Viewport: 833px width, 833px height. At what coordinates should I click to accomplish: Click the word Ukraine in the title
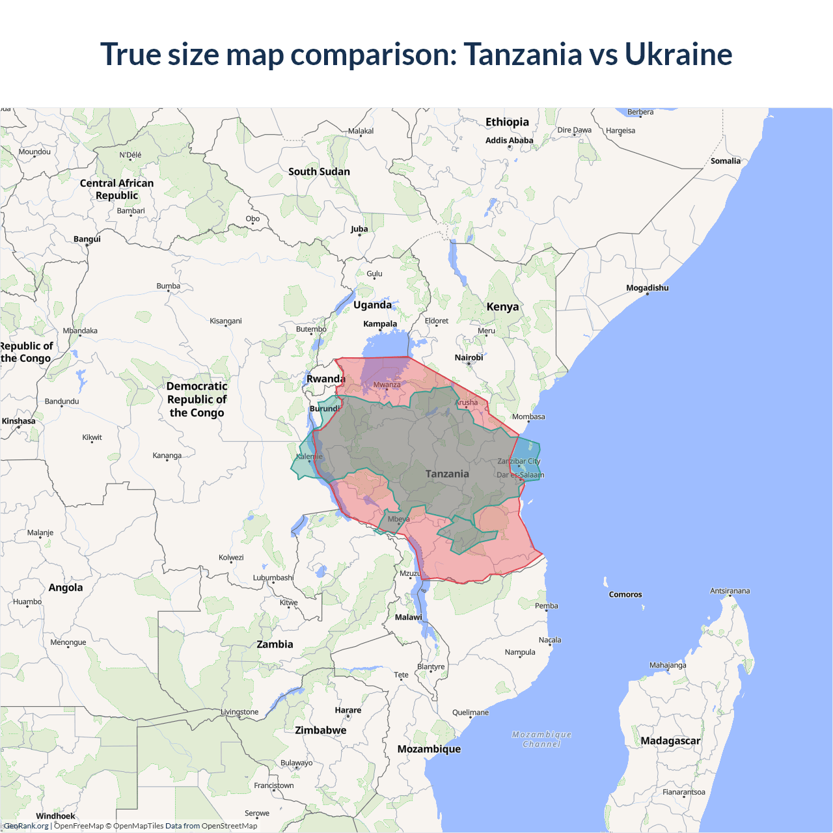[x=678, y=54]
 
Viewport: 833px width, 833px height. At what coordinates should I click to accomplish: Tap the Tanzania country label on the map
[x=447, y=474]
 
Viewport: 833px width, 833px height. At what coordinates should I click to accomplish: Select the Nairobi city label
[x=469, y=357]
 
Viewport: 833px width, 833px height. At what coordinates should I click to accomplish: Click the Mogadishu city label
[x=647, y=288]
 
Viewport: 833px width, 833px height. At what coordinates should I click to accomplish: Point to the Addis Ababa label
[x=509, y=140]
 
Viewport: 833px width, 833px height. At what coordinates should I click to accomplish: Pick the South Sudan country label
[x=319, y=171]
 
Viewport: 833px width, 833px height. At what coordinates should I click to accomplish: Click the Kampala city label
[x=380, y=323]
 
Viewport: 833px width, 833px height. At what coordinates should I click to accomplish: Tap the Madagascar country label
[x=670, y=741]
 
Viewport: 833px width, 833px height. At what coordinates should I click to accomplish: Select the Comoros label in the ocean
[x=625, y=594]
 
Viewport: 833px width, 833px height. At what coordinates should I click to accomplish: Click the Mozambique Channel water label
[x=541, y=739]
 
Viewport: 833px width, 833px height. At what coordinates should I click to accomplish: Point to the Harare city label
[x=348, y=710]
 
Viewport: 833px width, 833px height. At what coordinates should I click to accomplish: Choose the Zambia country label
[x=275, y=644]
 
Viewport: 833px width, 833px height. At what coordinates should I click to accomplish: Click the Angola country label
[x=66, y=587]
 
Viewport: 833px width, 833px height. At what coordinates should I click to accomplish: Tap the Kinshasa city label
[x=18, y=421]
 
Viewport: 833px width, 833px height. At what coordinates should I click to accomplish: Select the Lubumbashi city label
[x=273, y=577]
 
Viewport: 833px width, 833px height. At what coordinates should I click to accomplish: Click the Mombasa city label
[x=528, y=416]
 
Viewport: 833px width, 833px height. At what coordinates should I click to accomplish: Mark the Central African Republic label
[x=117, y=189]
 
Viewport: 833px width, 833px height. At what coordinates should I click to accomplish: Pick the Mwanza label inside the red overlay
[x=387, y=385]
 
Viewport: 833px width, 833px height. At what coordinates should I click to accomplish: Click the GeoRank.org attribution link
[x=26, y=826]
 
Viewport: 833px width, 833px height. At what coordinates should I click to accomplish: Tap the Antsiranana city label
[x=730, y=591]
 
